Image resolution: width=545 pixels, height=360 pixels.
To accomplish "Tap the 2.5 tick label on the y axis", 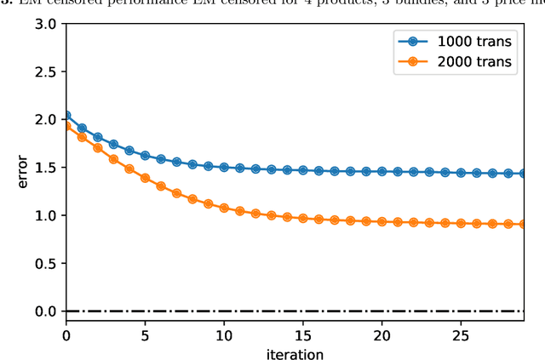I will click(45, 72).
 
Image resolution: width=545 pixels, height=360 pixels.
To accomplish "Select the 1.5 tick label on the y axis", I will click(45, 168).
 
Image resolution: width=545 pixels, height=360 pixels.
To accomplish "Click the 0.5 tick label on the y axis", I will click(45, 264).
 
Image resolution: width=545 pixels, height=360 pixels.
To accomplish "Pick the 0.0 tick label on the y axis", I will click(45, 311).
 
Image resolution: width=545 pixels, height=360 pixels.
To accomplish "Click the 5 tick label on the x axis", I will click(145, 334).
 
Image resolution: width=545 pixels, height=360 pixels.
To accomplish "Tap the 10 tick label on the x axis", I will click(224, 334).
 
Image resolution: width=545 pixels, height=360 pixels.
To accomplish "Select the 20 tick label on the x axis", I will click(381, 334).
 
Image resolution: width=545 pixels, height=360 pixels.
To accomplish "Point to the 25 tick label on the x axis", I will click(461, 334).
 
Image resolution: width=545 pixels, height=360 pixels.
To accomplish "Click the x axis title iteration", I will click(294, 352).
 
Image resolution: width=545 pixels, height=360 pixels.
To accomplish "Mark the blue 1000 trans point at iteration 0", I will click(66, 116).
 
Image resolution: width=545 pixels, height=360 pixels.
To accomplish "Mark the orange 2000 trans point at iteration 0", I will click(66, 126).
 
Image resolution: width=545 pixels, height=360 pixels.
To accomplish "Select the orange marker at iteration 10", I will click(224, 208).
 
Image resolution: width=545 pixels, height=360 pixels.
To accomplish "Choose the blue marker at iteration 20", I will click(381, 171).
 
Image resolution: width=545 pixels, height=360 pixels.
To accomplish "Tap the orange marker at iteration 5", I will click(145, 178).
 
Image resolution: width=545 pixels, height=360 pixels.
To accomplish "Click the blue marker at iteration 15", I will click(303, 170).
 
